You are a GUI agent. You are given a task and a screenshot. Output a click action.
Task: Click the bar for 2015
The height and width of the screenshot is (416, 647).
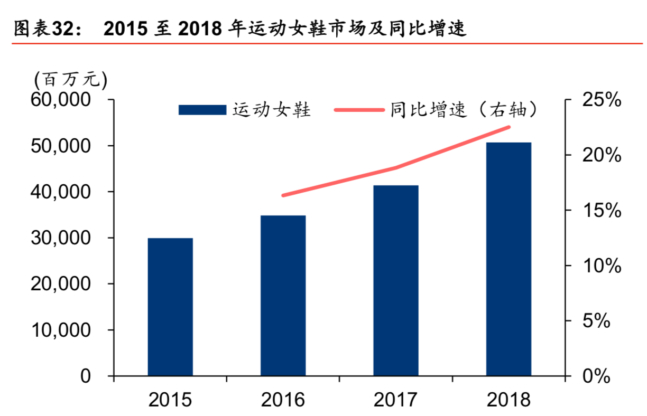[170, 307]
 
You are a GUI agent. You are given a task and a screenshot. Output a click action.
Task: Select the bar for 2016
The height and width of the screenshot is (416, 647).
[283, 296]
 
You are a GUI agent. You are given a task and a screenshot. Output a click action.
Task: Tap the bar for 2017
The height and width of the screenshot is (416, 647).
[396, 280]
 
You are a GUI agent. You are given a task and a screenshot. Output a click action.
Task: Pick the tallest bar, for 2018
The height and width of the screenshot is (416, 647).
[509, 259]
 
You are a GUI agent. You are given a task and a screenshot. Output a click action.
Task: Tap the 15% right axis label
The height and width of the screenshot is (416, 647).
[596, 211]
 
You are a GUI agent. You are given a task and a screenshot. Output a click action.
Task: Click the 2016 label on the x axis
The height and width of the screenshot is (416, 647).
[283, 400]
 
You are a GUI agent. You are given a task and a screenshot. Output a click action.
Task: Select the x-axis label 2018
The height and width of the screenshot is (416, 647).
[509, 400]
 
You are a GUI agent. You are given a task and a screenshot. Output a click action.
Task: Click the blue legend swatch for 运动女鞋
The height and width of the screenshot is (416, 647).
[202, 110]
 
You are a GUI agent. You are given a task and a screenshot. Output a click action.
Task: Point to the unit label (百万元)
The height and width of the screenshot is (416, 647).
[70, 80]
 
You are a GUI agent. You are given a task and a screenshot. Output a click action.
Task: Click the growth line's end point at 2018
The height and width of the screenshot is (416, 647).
[509, 127]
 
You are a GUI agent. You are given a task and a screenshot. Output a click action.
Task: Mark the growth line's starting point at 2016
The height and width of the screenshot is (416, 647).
[283, 195]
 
